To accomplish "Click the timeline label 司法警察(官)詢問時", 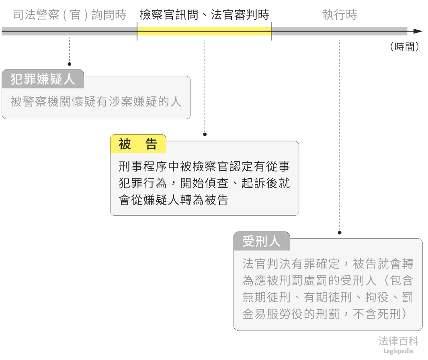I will (x=70, y=15).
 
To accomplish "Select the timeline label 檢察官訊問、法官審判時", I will (x=204, y=15).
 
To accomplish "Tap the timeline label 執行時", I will (x=340, y=15).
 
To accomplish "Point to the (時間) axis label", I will (x=404, y=47).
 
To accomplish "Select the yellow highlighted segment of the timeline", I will (x=204, y=31).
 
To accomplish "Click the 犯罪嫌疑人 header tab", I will (x=43, y=79).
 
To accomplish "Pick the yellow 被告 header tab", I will (x=138, y=144).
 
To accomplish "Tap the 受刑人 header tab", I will (x=261, y=241).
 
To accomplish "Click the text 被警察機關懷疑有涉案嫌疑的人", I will (x=96, y=102).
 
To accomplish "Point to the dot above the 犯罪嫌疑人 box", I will (x=70, y=64).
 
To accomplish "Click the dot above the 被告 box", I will (x=205, y=134).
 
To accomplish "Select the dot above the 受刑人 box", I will (x=340, y=233).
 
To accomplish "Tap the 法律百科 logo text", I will (x=398, y=341).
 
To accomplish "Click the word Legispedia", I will (x=398, y=351).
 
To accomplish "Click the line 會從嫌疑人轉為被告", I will (x=174, y=200).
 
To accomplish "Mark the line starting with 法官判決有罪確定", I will (x=328, y=264).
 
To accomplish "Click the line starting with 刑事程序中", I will (x=204, y=166).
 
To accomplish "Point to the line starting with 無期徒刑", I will (x=328, y=297).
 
